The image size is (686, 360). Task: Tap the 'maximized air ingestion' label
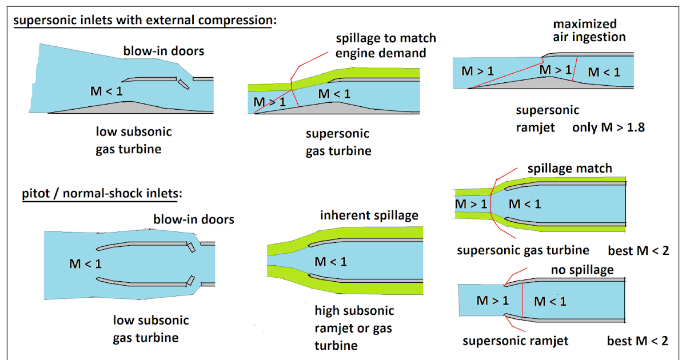coord(584,30)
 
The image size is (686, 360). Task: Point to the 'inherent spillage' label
coord(369,215)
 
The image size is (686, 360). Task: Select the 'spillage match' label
coord(569,169)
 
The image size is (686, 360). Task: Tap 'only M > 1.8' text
coord(608,127)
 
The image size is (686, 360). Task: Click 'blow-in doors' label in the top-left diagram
coord(163,51)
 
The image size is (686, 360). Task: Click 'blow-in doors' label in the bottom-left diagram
coord(194,219)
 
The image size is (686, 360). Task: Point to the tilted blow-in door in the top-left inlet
coord(182,84)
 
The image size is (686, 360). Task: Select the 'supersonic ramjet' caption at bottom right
coord(515,341)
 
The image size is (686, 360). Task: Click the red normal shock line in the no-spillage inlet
coord(522,301)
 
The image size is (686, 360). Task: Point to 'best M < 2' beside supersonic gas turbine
coord(638,250)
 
